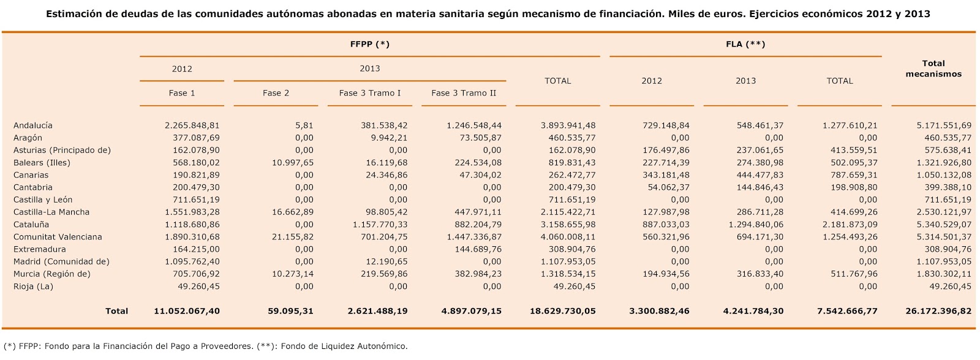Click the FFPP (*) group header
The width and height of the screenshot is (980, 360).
pos(369,44)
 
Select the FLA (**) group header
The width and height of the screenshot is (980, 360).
pos(745,44)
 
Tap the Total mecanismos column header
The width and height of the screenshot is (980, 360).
pos(933,69)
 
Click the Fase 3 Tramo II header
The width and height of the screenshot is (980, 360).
pos(463,93)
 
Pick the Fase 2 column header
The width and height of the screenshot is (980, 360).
pos(276,93)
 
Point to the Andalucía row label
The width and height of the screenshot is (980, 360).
pos(32,126)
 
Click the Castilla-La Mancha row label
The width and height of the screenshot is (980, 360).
pos(51,212)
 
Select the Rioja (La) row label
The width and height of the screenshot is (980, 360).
pos(33,286)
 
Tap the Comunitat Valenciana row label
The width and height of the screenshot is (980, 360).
pos(58,236)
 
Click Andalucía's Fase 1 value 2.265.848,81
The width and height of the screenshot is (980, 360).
pos(192,126)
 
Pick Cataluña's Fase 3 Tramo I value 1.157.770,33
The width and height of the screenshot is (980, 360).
pos(380,224)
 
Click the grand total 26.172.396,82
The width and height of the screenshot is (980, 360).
pos(938,311)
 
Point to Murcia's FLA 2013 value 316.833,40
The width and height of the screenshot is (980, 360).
pos(759,274)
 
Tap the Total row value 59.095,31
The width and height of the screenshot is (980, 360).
pos(290,311)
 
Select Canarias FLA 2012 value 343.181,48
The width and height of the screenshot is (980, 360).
pos(666,174)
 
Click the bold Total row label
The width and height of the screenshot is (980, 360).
pos(116,311)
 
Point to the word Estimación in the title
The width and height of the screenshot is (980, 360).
pos(72,13)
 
